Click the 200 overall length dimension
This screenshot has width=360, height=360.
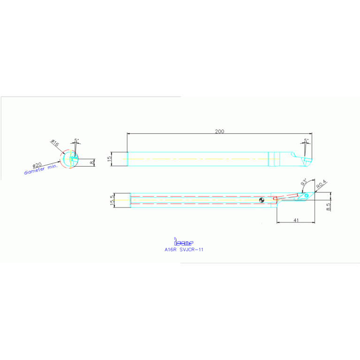[x=219, y=131]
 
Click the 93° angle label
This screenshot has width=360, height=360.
[x=304, y=182]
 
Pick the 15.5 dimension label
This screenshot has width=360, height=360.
[x=112, y=200]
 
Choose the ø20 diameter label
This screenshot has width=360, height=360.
[x=37, y=166]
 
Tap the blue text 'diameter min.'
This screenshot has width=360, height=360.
[x=41, y=170]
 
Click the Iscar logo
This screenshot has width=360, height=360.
[x=184, y=242]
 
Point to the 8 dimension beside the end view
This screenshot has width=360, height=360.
[x=92, y=162]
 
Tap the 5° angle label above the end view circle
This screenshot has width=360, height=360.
[x=77, y=140]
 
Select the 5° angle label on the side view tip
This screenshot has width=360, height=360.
[x=306, y=140]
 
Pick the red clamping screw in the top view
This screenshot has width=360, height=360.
[x=286, y=196]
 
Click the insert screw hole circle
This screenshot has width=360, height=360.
[x=306, y=195]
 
